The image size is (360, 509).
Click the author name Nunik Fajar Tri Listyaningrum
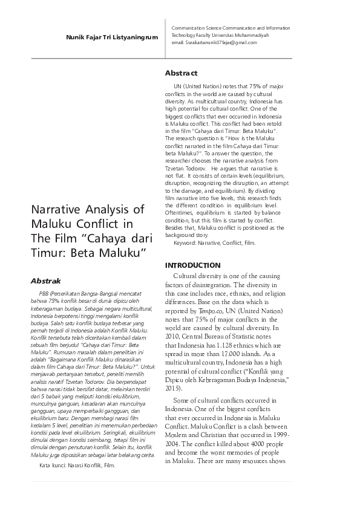pos(112,37)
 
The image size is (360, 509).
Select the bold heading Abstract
pos(182,73)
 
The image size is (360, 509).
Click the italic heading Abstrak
pos(46,281)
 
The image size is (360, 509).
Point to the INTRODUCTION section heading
pos(193,265)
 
